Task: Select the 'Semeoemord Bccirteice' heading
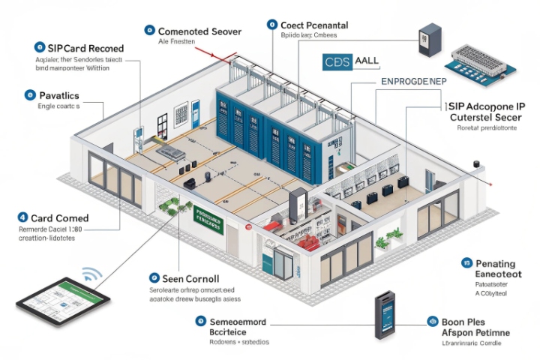pos(238,327)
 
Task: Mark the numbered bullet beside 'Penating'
pos(466,263)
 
